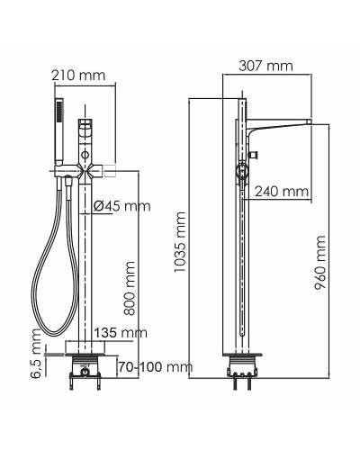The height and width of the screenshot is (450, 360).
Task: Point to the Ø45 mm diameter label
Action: [122, 206]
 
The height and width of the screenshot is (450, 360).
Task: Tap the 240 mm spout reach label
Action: [281, 191]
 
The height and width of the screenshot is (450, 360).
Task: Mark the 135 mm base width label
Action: [121, 333]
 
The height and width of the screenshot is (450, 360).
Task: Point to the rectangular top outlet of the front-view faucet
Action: [86, 126]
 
